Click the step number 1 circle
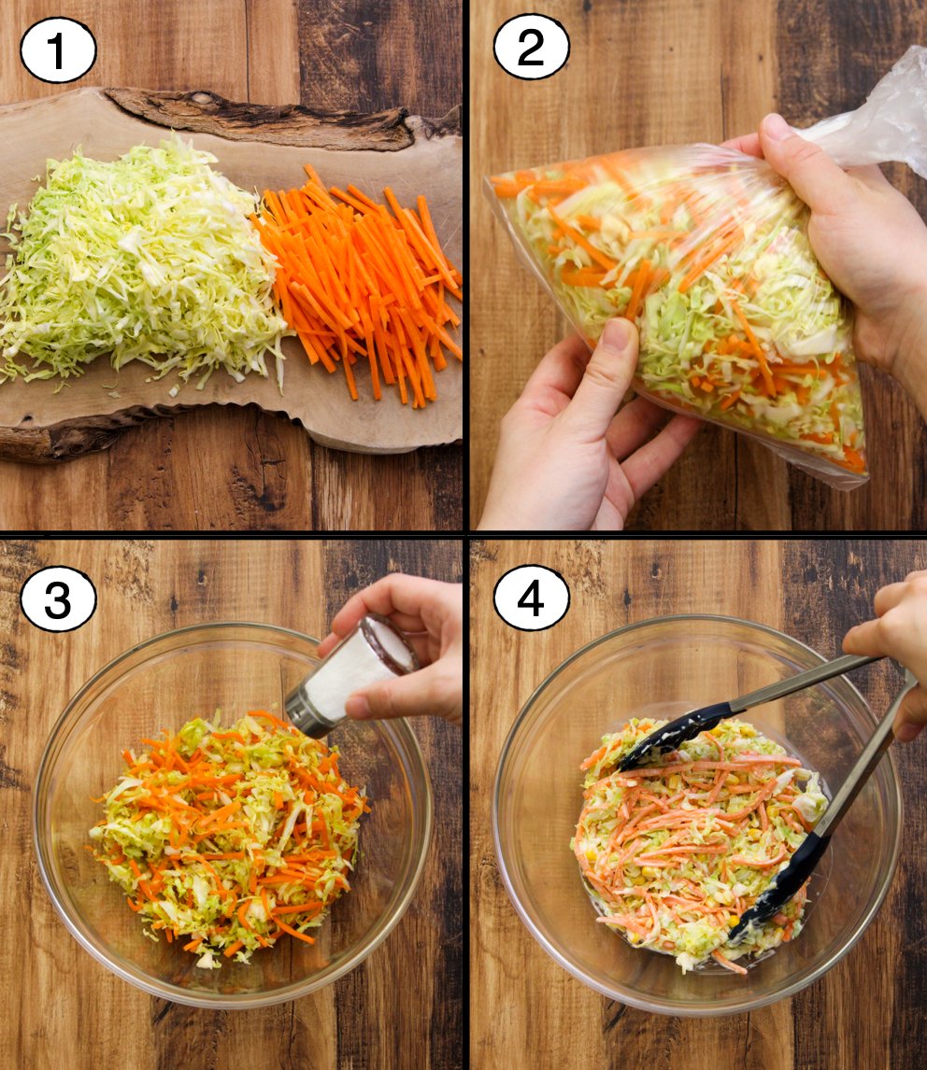[58, 50]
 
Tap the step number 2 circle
[531, 48]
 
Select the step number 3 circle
[58, 599]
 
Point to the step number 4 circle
[531, 598]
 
